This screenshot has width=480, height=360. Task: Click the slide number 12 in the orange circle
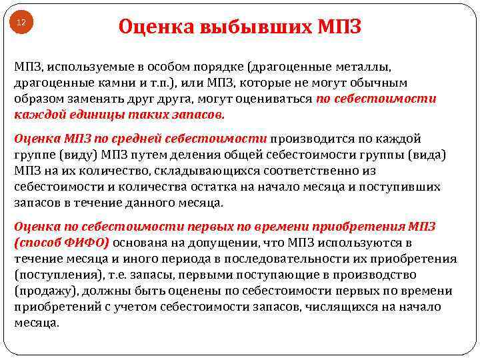[x=21, y=23]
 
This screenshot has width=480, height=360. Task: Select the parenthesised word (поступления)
[x=54, y=275]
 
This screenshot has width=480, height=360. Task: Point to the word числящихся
[x=340, y=307]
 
